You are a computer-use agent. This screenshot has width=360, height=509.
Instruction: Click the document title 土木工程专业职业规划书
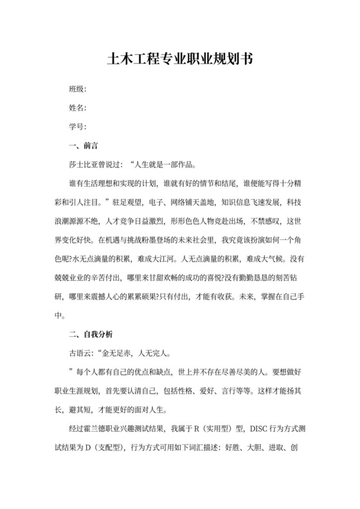pos(179,59)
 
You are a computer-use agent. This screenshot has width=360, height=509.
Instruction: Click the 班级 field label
pos(76,89)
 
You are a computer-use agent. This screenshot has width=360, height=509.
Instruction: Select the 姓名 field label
pos(76,107)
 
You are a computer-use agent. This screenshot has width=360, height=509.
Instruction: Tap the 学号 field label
pos(76,126)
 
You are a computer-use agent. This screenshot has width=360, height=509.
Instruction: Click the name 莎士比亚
pos(84,163)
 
